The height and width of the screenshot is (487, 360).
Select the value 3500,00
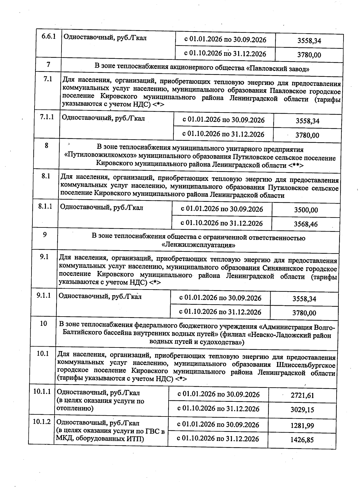[x=306, y=210]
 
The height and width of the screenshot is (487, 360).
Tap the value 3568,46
[x=306, y=224]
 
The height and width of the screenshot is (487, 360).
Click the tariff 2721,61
[x=302, y=395]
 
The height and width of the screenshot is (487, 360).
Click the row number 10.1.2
[x=42, y=422]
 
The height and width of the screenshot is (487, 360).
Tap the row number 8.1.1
[x=45, y=206]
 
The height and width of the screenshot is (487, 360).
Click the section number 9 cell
[x=45, y=235]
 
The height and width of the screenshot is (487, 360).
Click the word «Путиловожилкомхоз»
[x=100, y=158]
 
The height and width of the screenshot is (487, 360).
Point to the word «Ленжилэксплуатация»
[x=198, y=245]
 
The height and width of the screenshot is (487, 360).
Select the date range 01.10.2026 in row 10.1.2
[x=218, y=439]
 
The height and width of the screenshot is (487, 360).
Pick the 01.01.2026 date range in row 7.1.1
[x=223, y=120]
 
